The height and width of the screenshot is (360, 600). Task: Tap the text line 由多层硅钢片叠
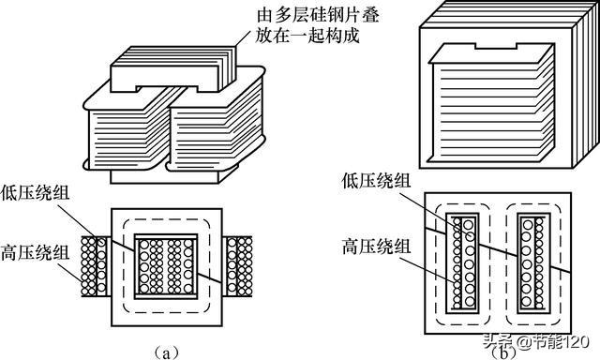318,15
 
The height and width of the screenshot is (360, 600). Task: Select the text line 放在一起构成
307,36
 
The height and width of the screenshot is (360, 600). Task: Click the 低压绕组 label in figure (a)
36,192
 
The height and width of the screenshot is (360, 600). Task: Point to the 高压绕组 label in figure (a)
36,252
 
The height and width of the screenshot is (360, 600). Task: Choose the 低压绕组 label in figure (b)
377,180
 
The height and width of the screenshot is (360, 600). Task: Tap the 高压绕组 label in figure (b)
377,247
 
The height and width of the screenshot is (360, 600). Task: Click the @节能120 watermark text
553,341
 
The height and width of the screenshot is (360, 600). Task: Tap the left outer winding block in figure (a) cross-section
96,266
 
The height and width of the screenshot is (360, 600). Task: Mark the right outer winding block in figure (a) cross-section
237,266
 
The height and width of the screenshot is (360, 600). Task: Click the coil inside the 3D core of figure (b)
492,103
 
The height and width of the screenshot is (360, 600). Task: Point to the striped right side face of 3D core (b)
586,84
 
